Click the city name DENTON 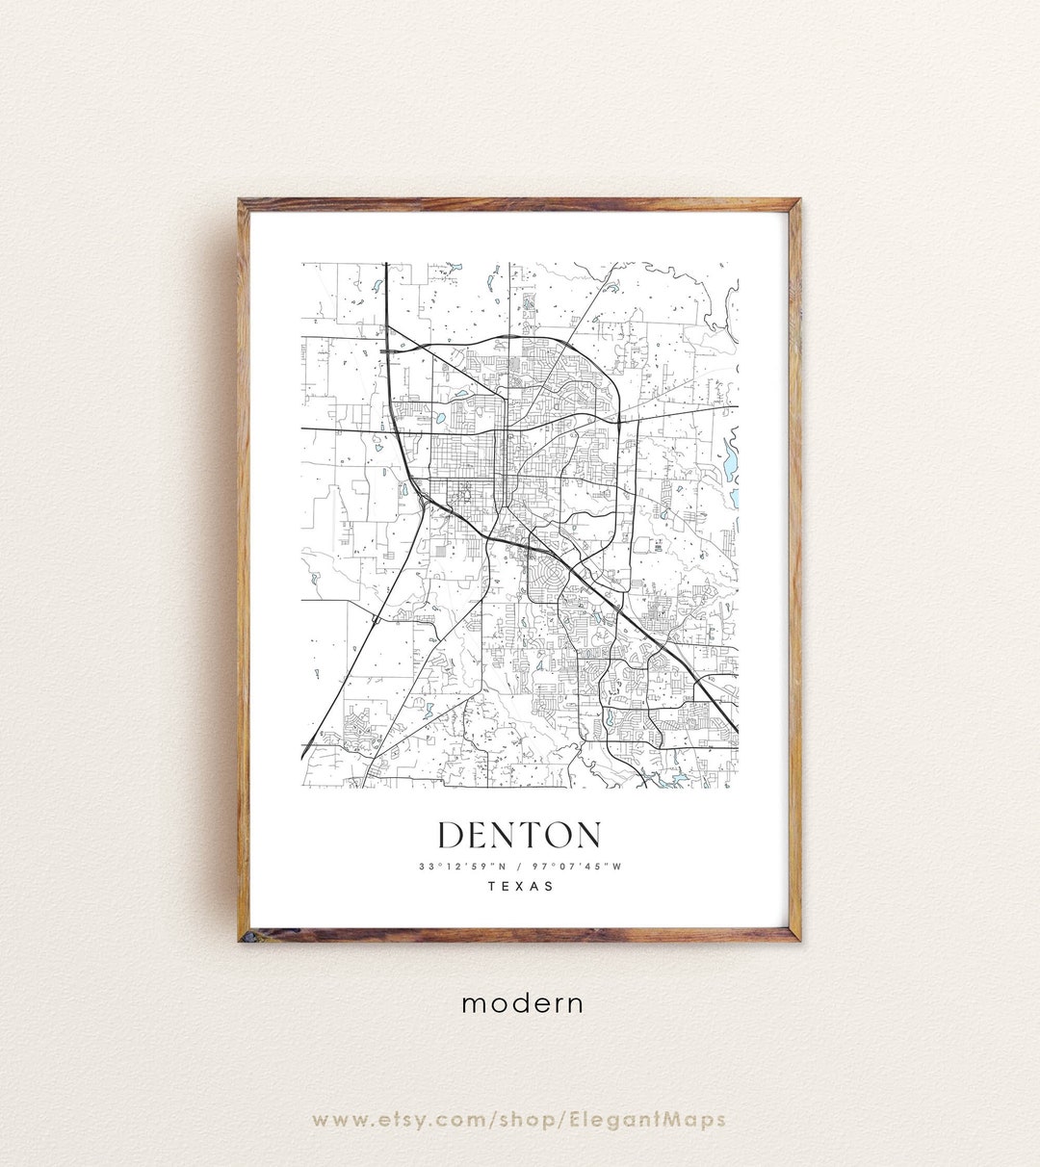click(520, 835)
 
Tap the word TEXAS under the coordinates click(521, 886)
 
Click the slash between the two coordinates click(518, 866)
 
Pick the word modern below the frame click(522, 1003)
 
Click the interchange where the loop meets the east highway click(617, 420)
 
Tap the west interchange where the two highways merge click(423, 499)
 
